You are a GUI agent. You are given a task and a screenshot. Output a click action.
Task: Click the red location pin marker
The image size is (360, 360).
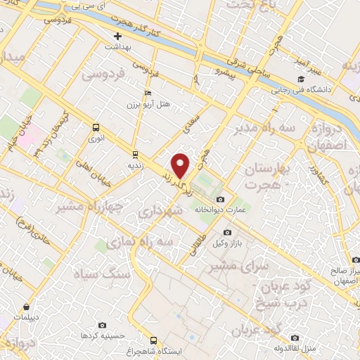tap(181, 165)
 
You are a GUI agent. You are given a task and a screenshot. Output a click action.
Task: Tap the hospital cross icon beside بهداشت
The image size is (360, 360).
tap(117, 35)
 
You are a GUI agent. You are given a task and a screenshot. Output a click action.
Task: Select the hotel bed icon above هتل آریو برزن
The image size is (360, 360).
tap(147, 93)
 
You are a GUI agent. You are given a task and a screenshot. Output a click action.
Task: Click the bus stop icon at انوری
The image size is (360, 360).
tap(96, 127)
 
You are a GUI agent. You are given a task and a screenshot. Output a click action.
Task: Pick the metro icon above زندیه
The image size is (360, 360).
tap(134, 155)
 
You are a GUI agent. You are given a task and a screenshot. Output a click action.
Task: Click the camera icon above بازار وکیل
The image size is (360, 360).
tap(226, 233)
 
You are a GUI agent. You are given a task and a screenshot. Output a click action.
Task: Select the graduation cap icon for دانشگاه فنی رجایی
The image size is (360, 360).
tap(301, 79)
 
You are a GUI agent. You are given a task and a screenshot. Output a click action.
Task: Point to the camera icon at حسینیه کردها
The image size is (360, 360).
tap(103, 326)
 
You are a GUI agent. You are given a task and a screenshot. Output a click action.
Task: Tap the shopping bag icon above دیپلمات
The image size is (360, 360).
tap(26, 307)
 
